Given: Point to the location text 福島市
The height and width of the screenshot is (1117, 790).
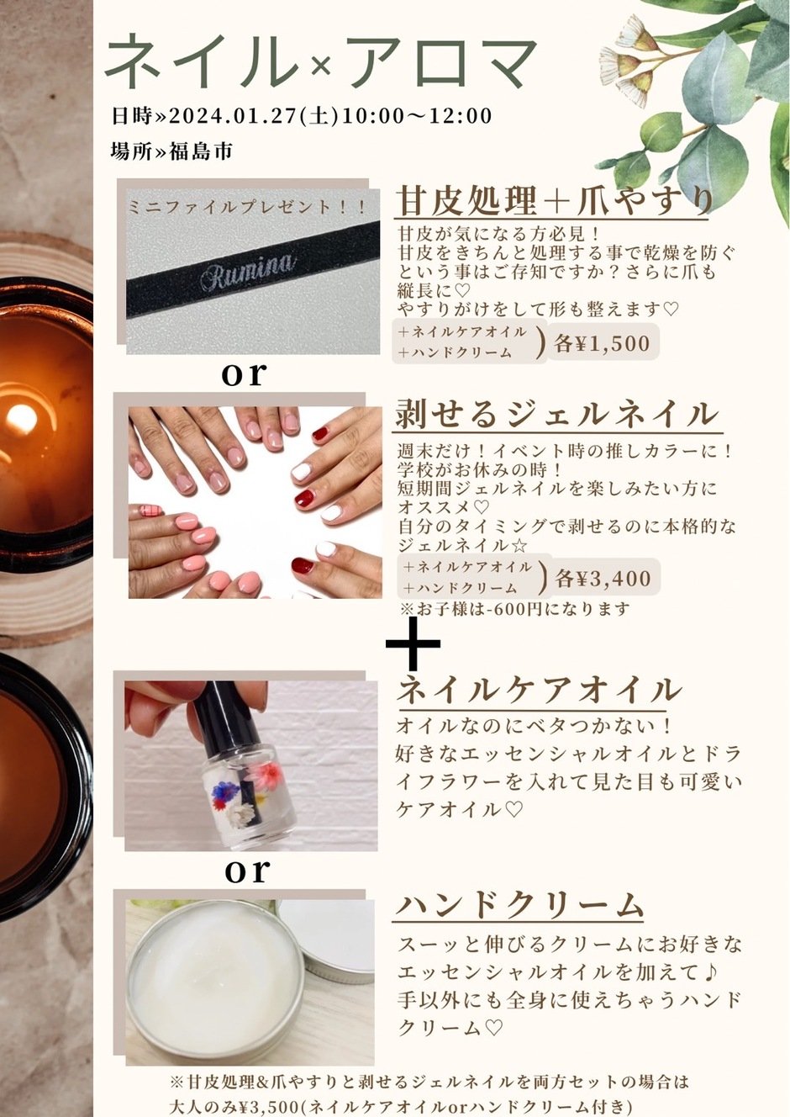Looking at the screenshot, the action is coord(201,151).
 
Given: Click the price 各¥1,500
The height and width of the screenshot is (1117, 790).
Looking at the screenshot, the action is coord(602,343).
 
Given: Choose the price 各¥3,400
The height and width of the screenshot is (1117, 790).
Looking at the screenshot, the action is coord(603,578).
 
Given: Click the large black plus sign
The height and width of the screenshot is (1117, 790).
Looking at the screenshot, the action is coord(413,643).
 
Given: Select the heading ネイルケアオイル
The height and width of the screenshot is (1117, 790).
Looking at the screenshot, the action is coord(539,690).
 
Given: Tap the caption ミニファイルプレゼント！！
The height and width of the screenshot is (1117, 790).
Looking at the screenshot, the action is coord(247,207).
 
